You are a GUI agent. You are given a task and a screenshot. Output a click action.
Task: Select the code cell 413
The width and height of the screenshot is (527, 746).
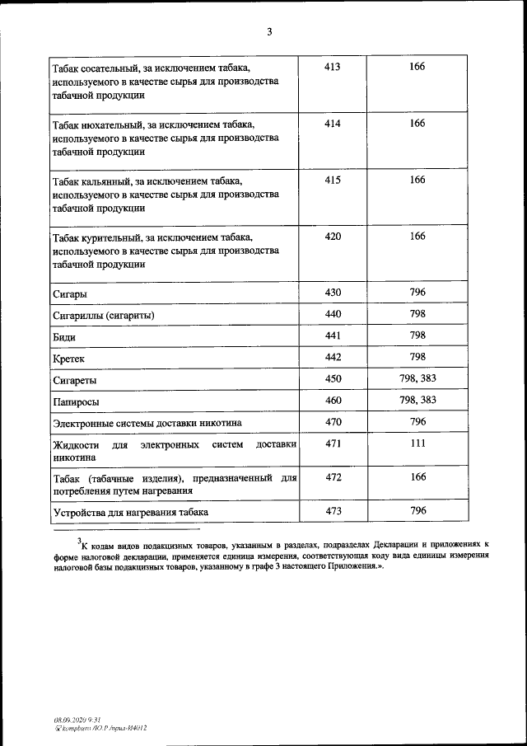[x=333, y=66]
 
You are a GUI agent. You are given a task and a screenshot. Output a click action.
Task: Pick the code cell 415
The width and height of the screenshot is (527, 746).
[x=333, y=180]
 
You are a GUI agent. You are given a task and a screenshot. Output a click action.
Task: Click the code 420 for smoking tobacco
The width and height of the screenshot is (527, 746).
[x=333, y=236]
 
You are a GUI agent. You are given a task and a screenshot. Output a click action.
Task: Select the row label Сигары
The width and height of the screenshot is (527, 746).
[x=70, y=294]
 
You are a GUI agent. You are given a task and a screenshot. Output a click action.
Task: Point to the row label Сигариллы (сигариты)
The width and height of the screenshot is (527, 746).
[x=103, y=316]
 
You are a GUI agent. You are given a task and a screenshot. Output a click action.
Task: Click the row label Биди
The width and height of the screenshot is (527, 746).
[x=65, y=337]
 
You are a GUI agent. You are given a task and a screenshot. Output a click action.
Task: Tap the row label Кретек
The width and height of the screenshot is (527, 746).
[x=68, y=359]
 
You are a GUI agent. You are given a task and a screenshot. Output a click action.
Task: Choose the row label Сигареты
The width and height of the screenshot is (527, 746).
[x=74, y=381]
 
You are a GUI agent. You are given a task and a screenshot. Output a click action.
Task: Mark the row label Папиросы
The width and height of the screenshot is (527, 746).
[x=77, y=402]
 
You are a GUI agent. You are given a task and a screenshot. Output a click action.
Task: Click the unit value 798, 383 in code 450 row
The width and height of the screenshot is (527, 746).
[x=417, y=378]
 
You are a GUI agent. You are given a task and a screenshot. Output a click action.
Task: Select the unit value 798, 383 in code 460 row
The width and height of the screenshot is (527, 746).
[x=417, y=400]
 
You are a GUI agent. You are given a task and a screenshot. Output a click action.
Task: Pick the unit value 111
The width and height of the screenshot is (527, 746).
[x=417, y=443]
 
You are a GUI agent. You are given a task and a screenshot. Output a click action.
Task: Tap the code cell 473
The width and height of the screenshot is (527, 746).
[x=333, y=511]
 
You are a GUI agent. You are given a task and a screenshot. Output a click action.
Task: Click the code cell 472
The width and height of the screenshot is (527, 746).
[x=333, y=476]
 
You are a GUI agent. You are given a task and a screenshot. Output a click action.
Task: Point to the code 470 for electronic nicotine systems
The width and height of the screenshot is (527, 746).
[x=333, y=421]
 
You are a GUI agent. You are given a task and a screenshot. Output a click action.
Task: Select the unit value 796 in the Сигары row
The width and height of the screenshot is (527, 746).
[x=417, y=292]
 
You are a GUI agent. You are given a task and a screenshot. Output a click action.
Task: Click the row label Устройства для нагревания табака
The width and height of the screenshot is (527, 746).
[x=130, y=513]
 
